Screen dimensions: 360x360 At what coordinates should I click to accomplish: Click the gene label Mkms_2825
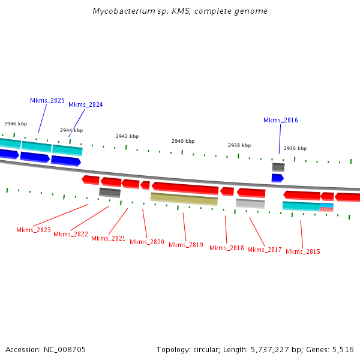point(47,100)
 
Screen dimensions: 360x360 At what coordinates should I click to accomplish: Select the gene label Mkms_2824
point(85,104)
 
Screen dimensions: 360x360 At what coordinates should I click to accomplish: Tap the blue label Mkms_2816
point(280,120)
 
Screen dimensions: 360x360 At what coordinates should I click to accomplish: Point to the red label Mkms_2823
point(34,230)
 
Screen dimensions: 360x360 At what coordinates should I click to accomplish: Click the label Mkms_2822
point(71,234)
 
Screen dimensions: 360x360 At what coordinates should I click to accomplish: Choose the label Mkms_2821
point(109,238)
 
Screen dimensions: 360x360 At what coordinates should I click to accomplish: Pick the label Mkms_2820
point(147,242)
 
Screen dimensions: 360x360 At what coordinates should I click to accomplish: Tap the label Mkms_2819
point(186,245)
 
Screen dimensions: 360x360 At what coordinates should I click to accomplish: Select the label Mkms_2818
point(227,248)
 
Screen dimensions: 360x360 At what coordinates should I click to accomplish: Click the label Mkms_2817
point(265,250)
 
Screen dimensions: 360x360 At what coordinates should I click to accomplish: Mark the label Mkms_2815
point(303,251)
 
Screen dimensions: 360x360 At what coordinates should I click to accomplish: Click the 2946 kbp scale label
point(16,124)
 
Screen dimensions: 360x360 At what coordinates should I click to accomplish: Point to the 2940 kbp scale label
point(183,141)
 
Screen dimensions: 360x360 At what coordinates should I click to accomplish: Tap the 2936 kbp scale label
point(295,148)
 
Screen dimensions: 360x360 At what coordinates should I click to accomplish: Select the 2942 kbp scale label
point(127,136)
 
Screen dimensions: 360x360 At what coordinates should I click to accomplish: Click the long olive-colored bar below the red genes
point(184,199)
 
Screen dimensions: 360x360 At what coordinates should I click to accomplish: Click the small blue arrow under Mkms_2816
point(277,178)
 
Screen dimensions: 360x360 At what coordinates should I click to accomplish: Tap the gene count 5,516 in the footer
point(342,349)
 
